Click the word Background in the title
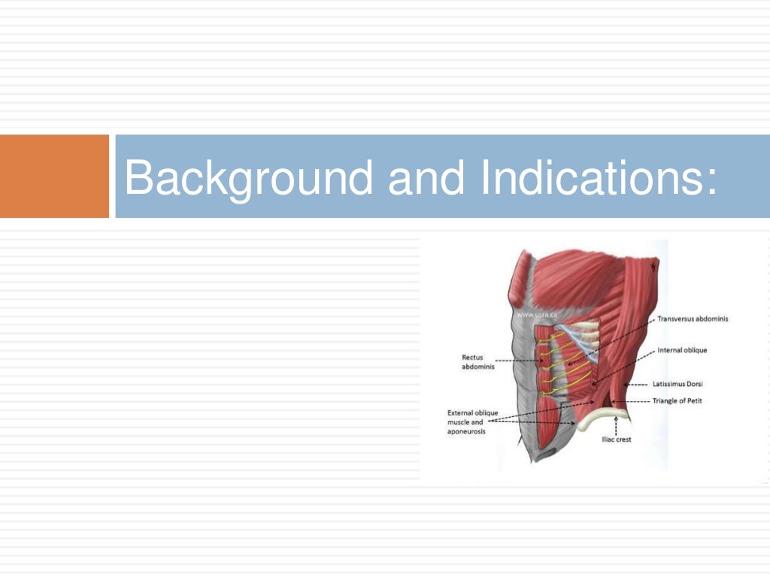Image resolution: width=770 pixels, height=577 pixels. [248, 177]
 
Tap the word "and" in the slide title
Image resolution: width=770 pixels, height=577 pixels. [426, 177]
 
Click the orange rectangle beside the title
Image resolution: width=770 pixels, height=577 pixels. [54, 177]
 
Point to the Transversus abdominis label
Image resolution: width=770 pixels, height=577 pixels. [692, 319]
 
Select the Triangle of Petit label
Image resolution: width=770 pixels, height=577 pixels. [677, 401]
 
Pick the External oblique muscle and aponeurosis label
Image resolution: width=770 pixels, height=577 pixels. [472, 422]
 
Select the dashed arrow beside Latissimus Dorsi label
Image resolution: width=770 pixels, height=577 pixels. [636, 384]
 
